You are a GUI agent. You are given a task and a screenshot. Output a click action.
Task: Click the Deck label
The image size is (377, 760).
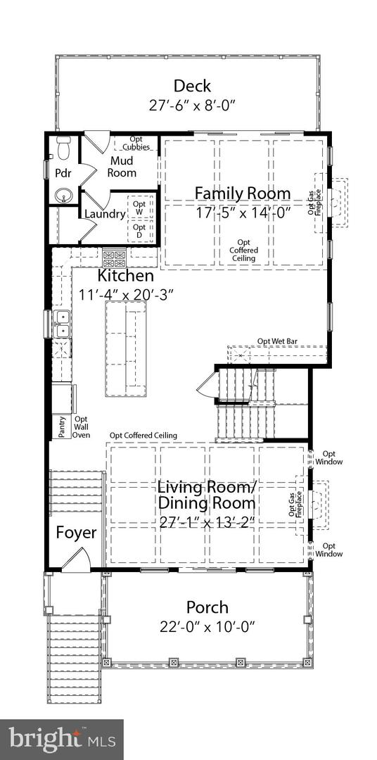pos(193,86)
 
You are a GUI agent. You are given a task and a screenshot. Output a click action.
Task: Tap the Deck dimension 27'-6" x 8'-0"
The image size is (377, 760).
pos(193,106)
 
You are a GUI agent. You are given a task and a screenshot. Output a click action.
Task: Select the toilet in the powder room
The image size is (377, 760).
pos(63,148)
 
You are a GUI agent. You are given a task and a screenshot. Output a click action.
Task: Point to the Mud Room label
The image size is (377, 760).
pos(122,166)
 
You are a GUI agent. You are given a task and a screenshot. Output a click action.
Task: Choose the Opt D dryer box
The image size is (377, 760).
pos(140,231)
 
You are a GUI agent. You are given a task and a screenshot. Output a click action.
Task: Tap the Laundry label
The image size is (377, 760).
pos(105,214)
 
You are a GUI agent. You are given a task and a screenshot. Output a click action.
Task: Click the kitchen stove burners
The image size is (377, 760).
pos(114,257)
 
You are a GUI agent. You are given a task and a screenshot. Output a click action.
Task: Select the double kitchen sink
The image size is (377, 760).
pos(62,324)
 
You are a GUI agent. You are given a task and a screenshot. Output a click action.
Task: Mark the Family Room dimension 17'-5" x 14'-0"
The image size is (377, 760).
pos(242,213)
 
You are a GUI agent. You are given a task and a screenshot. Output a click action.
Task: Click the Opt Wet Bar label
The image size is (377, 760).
pos(277,341)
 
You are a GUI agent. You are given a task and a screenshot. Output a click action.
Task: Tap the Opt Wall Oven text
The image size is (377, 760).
pos(81,427)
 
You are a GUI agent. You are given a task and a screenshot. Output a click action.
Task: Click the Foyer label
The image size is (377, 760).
pos(77,533)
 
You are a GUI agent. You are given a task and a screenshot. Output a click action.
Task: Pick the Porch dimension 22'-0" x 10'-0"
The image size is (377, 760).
pos(207,627)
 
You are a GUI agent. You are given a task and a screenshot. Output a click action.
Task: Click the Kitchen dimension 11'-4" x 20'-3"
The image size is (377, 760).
pos(126,293)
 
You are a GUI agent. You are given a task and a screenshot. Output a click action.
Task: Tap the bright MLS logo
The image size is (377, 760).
pos(61,740)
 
